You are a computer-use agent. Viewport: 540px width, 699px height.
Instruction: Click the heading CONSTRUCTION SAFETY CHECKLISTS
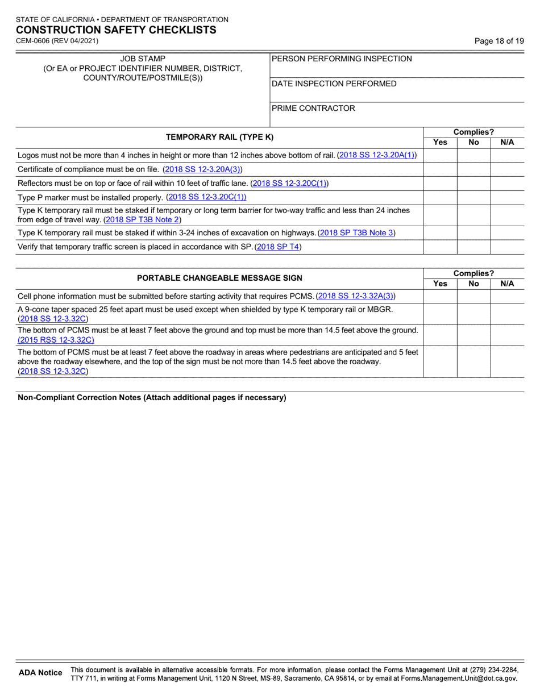116,30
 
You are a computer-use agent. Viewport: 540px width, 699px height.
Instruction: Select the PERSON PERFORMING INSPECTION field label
342,59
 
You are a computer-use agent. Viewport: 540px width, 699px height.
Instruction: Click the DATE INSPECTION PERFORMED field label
334,84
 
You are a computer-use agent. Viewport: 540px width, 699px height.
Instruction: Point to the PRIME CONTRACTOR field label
313,108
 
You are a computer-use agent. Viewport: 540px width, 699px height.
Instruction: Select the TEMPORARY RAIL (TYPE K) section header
219,137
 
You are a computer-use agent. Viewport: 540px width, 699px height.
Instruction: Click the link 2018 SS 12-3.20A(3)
202,169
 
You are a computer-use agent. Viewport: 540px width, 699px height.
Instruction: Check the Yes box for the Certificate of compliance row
441,169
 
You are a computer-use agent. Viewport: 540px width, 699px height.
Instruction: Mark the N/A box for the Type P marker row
507,197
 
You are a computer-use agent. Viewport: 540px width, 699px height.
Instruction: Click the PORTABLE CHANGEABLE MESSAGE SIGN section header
219,278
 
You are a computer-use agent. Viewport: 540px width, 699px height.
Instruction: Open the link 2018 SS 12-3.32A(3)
356,296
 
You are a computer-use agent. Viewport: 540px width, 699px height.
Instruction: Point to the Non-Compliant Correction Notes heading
152,398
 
